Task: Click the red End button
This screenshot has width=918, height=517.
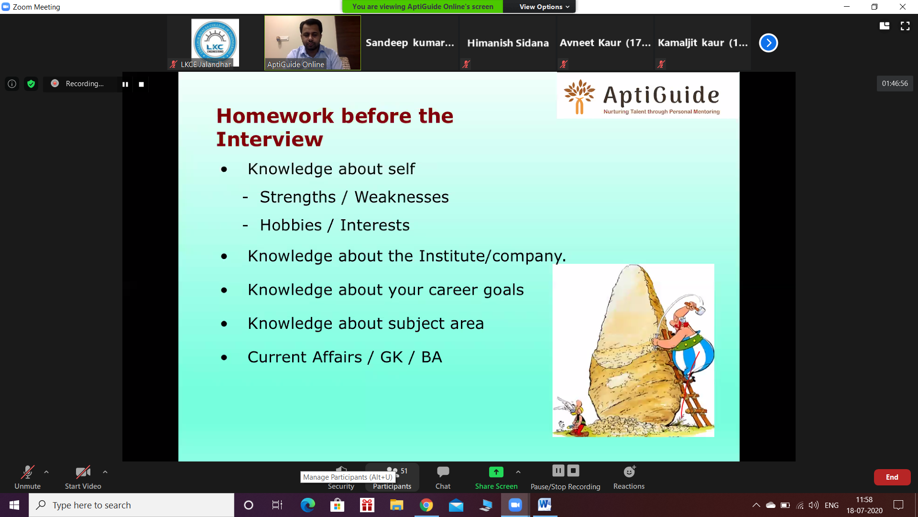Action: tap(892, 477)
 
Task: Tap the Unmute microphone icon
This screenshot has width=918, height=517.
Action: tap(27, 472)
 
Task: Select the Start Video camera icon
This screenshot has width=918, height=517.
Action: tap(83, 472)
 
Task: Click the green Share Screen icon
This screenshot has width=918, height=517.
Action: tap(496, 472)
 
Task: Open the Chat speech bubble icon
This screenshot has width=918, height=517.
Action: tap(443, 472)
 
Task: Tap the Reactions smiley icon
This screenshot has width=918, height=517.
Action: tap(629, 472)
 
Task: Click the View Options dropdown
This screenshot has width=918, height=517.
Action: tap(544, 7)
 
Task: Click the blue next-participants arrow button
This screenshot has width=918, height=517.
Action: tap(768, 43)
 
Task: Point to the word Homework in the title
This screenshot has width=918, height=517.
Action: tap(275, 116)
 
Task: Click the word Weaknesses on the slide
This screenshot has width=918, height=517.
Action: tap(402, 197)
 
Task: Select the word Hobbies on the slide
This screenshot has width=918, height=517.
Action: tap(291, 225)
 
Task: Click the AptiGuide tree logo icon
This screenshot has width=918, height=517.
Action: tap(579, 97)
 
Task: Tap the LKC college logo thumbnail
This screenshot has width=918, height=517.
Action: tap(215, 42)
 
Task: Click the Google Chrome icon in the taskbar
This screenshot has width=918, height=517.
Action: tap(426, 505)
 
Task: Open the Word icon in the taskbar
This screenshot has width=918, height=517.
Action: tap(545, 505)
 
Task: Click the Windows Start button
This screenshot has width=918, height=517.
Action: tap(14, 505)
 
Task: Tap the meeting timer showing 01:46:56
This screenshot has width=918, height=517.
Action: tap(895, 83)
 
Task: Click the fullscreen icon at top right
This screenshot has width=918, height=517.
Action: tap(905, 26)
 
